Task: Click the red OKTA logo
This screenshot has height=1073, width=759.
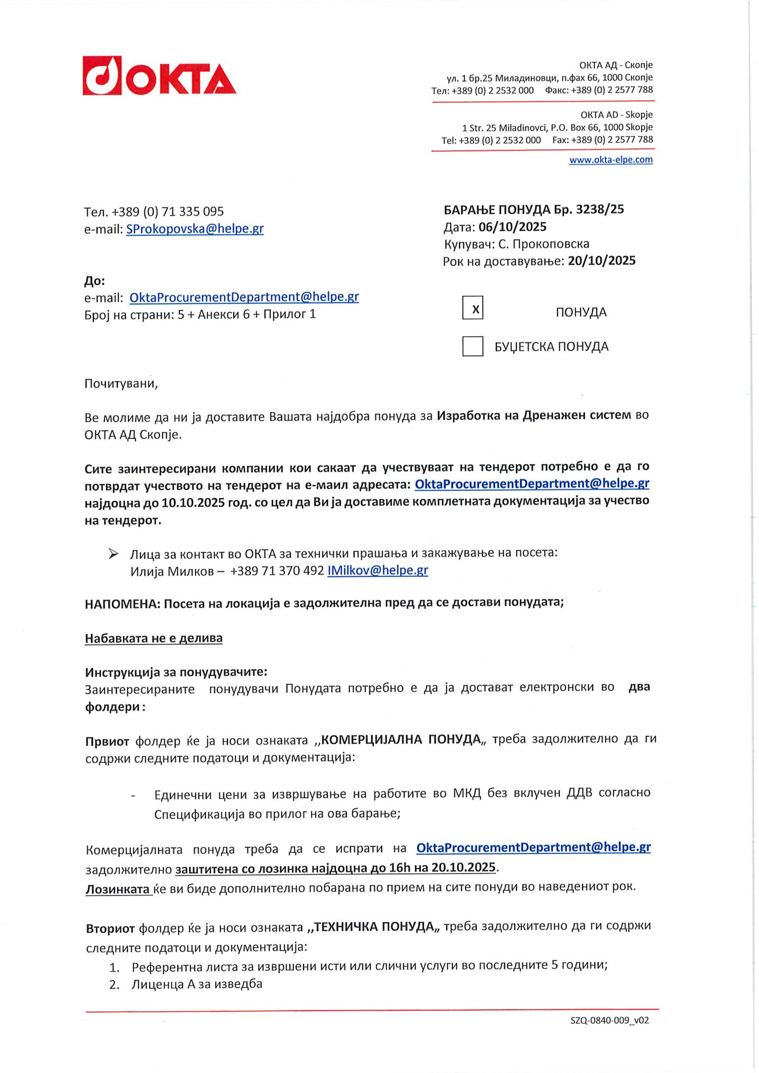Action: (159, 76)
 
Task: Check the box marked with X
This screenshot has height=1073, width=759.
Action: (473, 308)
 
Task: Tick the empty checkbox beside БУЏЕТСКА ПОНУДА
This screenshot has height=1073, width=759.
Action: (473, 346)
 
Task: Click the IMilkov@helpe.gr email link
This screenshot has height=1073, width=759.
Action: (378, 570)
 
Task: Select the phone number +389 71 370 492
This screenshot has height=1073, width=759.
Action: (277, 571)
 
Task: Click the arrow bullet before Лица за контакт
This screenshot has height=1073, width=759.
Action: (113, 554)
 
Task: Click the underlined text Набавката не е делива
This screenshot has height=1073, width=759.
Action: (154, 638)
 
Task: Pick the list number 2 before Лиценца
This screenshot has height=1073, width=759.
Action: (113, 985)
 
